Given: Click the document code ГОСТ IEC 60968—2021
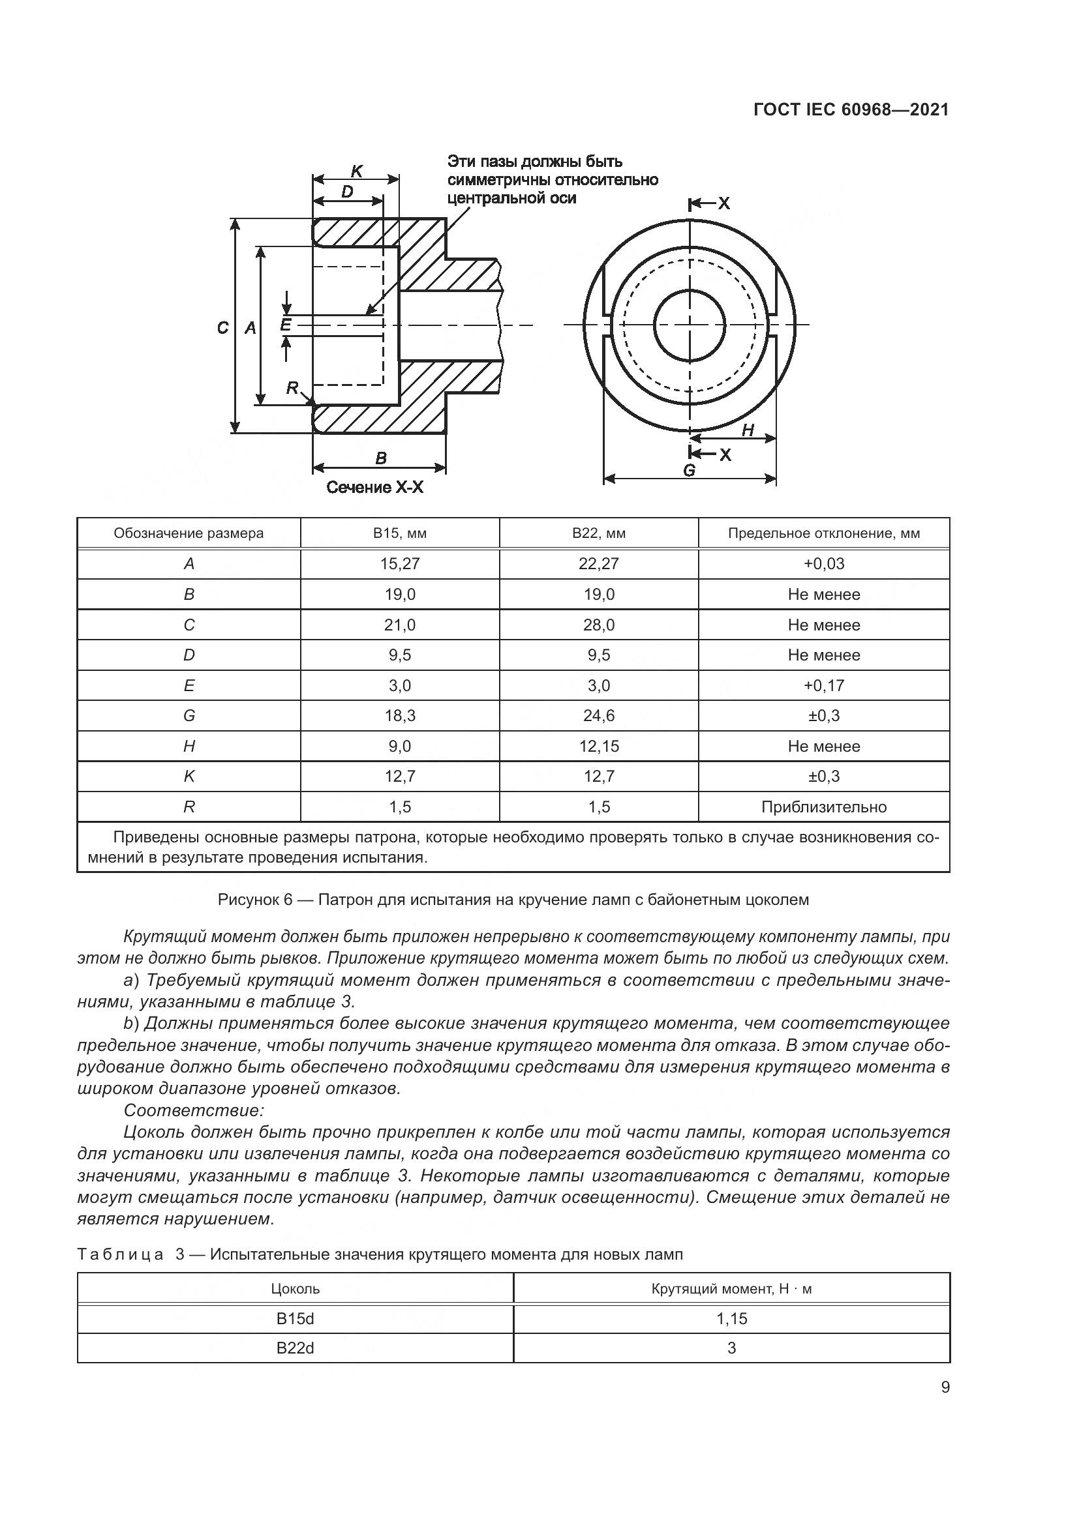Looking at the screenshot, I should click(x=851, y=110).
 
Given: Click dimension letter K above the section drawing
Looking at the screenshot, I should click(x=356, y=171).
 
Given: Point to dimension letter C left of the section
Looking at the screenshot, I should click(x=223, y=327).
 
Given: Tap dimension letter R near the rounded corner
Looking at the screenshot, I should click(x=292, y=388).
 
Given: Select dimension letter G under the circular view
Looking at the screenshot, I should click(x=689, y=470).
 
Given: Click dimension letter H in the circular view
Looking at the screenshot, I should click(x=748, y=430).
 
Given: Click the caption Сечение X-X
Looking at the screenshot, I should click(x=374, y=488).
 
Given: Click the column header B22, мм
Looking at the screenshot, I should click(x=599, y=533).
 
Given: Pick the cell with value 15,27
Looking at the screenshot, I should click(x=399, y=564).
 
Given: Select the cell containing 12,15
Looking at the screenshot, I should click(x=599, y=746).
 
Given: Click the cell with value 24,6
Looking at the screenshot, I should click(x=599, y=715).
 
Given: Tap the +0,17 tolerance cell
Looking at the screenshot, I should click(x=823, y=685).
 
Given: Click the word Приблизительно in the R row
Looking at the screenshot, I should click(x=823, y=807).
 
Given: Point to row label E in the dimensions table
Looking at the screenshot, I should click(x=189, y=685).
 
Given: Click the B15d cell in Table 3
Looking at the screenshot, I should click(x=295, y=1318).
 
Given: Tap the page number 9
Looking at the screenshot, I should click(x=945, y=1387).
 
